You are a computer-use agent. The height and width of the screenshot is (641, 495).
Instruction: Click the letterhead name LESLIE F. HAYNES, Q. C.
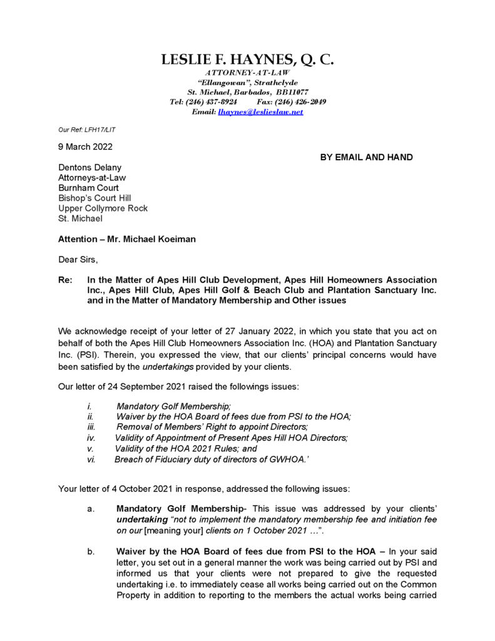247,60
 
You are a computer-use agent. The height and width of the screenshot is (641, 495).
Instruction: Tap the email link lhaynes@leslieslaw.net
260,111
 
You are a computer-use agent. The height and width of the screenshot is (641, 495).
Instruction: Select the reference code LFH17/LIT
101,130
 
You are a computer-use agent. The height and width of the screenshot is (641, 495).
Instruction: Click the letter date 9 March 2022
86,147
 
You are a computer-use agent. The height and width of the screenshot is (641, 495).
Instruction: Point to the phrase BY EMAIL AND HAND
366,157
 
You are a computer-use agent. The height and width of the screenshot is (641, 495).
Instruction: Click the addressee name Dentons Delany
90,168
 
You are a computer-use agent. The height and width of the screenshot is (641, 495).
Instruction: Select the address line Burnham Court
88,188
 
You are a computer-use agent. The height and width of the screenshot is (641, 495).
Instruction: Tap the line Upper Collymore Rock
103,208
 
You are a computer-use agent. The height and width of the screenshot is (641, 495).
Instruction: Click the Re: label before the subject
65,280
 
